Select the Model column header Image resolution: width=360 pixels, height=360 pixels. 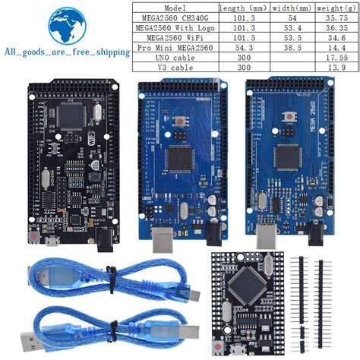(x=175, y=7)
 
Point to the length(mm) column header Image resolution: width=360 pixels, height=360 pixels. (x=242, y=7)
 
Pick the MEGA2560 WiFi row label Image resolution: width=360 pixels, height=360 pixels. (x=175, y=36)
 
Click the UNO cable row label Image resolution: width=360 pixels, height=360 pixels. (x=175, y=57)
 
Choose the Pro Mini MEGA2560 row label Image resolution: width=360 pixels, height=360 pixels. (x=175, y=47)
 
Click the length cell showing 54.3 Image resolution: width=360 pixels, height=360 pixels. (x=242, y=47)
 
